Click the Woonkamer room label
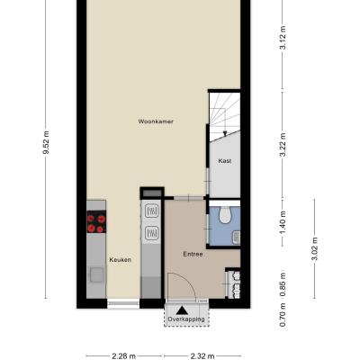(x=156, y=121)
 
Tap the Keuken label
(x=121, y=260)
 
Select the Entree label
(x=193, y=254)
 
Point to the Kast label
(x=225, y=161)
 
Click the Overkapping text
(x=186, y=319)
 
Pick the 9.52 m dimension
(x=46, y=142)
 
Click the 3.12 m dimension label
(x=283, y=38)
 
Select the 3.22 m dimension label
(x=283, y=145)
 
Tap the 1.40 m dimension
(x=283, y=223)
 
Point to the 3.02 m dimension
(x=315, y=249)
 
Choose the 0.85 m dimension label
(x=283, y=284)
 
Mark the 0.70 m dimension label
(x=283, y=315)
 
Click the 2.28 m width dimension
(x=124, y=356)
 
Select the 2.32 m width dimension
(x=202, y=356)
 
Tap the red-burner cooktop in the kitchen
(x=96, y=222)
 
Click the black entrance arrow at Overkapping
(x=182, y=310)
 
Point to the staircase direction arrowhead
(x=224, y=134)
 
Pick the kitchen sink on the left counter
(x=96, y=275)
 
